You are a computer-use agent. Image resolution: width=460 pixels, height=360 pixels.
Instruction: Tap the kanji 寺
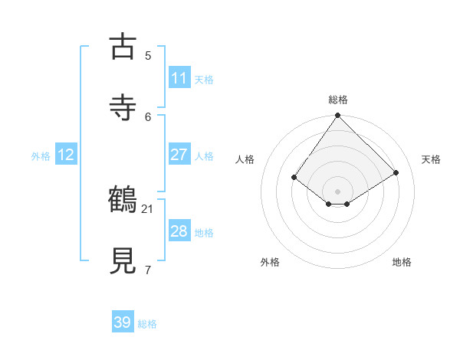pyautogui.click(x=123, y=107)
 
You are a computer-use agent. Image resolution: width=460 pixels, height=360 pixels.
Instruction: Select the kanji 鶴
pyautogui.click(x=123, y=200)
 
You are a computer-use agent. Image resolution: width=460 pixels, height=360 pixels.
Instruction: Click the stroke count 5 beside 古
pyautogui.click(x=148, y=55)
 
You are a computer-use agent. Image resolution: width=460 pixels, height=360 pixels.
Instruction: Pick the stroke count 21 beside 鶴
pyautogui.click(x=148, y=208)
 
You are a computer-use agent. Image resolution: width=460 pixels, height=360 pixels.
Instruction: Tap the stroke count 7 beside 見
pyautogui.click(x=148, y=270)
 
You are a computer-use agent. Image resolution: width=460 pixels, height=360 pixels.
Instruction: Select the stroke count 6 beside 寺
pyautogui.click(x=148, y=116)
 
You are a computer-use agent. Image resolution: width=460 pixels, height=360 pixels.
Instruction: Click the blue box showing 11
pyautogui.click(x=179, y=78)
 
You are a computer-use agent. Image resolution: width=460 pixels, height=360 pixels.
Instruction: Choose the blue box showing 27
pyautogui.click(x=179, y=155)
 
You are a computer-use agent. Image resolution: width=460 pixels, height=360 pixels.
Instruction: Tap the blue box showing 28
pyautogui.click(x=179, y=231)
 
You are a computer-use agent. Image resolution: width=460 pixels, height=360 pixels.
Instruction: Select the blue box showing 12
pyautogui.click(x=66, y=155)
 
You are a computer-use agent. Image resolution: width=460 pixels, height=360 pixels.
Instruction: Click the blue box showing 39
pyautogui.click(x=123, y=322)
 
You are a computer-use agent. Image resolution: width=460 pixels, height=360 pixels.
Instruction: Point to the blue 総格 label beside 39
pyautogui.click(x=147, y=324)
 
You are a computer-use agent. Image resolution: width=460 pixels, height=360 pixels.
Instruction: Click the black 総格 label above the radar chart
pyautogui.click(x=338, y=100)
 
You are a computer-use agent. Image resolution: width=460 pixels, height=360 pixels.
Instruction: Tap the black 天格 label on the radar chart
pyautogui.click(x=431, y=159)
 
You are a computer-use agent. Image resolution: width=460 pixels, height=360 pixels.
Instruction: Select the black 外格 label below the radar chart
pyautogui.click(x=270, y=262)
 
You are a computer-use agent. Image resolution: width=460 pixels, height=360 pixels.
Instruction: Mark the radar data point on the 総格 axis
pyautogui.click(x=337, y=116)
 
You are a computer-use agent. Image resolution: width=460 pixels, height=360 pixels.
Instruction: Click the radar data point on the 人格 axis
pyautogui.click(x=294, y=178)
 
